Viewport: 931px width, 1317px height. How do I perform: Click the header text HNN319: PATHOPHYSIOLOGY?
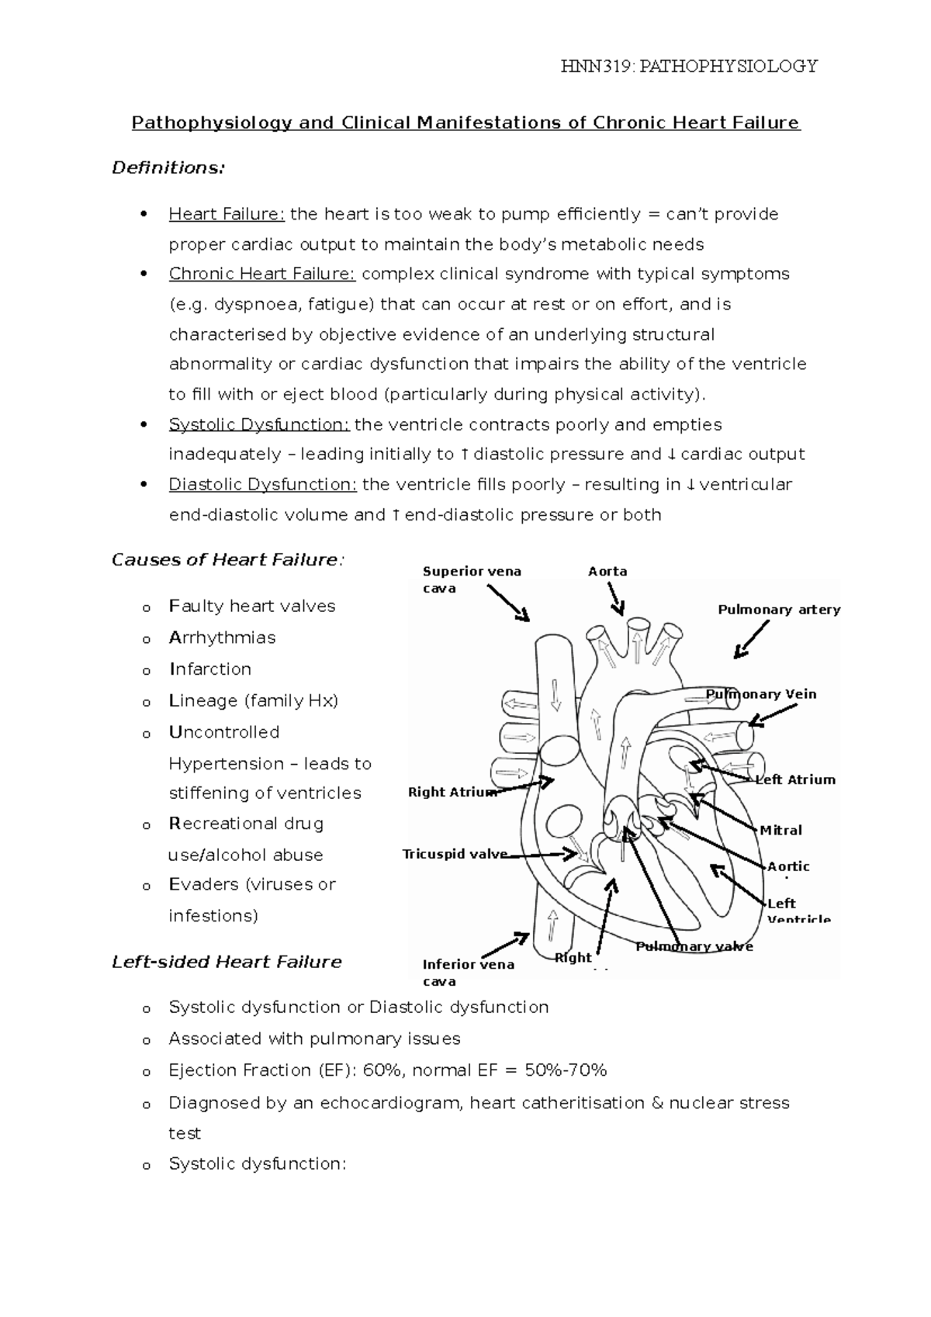click(689, 66)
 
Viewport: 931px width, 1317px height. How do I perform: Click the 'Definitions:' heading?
click(168, 168)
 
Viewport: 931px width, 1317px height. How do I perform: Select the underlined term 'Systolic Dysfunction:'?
click(259, 425)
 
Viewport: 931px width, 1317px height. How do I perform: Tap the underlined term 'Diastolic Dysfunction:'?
click(262, 485)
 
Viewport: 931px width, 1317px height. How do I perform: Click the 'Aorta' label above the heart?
click(607, 572)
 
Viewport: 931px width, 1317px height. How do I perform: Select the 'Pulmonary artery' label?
click(779, 610)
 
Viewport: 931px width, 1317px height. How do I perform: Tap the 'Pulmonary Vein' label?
click(761, 694)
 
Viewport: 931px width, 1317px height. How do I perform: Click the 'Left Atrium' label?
click(795, 779)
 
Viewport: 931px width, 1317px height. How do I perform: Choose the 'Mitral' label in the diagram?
click(781, 830)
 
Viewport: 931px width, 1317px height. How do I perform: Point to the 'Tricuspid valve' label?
click(455, 854)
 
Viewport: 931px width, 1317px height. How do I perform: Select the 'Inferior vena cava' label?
click(468, 972)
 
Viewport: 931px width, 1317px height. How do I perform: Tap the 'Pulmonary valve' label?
click(694, 946)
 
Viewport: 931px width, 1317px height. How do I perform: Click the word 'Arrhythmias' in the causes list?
click(222, 638)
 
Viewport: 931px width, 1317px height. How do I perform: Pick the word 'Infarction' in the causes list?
click(210, 669)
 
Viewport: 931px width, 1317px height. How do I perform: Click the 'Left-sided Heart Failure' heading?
click(227, 962)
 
